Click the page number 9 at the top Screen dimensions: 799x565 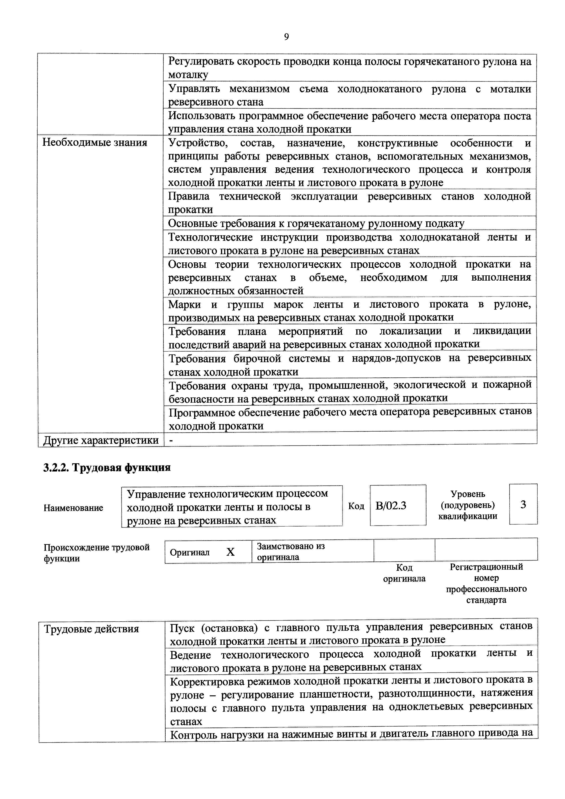(x=286, y=37)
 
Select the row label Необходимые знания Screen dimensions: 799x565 (x=95, y=143)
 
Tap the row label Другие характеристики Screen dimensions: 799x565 (x=101, y=440)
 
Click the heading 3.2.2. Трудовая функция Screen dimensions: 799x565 (x=107, y=467)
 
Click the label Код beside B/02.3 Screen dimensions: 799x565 (x=356, y=506)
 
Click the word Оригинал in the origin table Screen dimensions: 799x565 (x=190, y=552)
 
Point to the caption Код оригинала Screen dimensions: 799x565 (x=404, y=573)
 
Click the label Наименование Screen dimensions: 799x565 (x=73, y=508)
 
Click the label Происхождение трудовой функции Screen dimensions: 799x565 (x=96, y=553)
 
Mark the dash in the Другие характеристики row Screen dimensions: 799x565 (x=171, y=440)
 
